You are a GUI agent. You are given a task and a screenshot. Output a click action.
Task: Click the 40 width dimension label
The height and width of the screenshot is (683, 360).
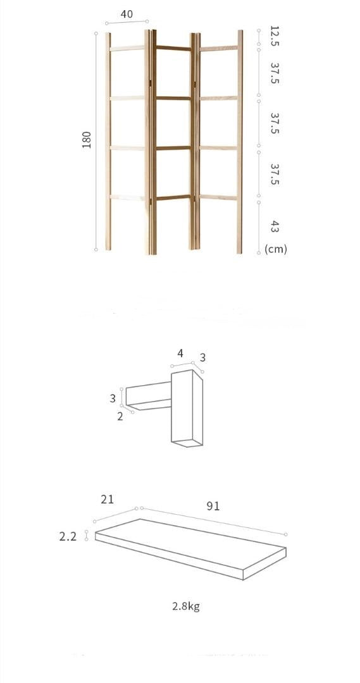pyautogui.click(x=127, y=15)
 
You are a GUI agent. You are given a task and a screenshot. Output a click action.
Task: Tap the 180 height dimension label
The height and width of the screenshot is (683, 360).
pyautogui.click(x=87, y=140)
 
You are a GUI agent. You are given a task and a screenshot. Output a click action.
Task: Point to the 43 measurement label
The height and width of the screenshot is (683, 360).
pyautogui.click(x=274, y=226)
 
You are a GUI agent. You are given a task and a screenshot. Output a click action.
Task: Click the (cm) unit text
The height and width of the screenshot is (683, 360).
pyautogui.click(x=276, y=249)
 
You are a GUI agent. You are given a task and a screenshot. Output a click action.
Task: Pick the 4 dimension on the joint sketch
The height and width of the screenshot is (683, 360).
pyautogui.click(x=180, y=354)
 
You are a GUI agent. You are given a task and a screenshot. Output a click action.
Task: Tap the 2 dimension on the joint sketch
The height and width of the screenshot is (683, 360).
pyautogui.click(x=120, y=417)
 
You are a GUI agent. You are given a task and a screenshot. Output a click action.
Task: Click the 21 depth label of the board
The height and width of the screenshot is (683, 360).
pyautogui.click(x=107, y=500)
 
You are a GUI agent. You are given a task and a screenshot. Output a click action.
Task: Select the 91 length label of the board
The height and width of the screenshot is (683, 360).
pyautogui.click(x=213, y=506)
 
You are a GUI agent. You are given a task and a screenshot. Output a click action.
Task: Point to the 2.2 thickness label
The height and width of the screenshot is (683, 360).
pyautogui.click(x=68, y=536)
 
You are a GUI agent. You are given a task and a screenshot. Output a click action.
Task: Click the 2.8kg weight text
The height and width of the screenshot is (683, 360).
pyautogui.click(x=186, y=606)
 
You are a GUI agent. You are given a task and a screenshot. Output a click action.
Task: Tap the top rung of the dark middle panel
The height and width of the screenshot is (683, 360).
pyautogui.click(x=173, y=48)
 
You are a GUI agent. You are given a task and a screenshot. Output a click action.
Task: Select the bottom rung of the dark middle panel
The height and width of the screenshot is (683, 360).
pyautogui.click(x=173, y=197)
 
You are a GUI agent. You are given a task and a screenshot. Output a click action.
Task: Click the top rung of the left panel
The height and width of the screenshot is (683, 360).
pyautogui.click(x=127, y=48)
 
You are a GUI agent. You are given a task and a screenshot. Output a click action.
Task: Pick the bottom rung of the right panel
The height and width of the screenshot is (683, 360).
pyautogui.click(x=219, y=197)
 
